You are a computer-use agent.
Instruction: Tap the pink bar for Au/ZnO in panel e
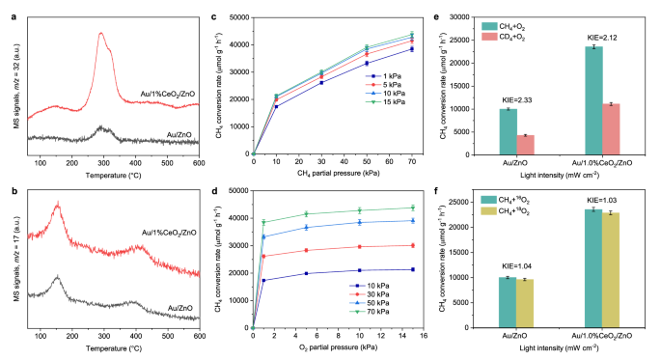(x=527, y=144)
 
